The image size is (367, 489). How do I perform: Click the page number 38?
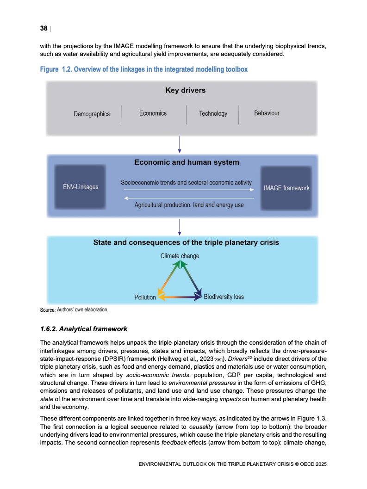(x=44, y=29)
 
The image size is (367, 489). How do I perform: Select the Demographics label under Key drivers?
(x=92, y=114)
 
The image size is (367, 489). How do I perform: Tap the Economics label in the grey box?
(x=153, y=113)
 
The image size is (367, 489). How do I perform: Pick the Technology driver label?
(x=213, y=114)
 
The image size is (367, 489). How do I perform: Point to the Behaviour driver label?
(x=267, y=113)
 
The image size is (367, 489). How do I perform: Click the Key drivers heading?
(x=185, y=91)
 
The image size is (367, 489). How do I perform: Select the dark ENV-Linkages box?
(x=81, y=187)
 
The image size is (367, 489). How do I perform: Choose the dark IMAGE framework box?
(x=286, y=188)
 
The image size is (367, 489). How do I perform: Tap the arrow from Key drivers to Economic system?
(x=180, y=144)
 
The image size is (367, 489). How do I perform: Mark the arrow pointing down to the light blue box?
(x=180, y=227)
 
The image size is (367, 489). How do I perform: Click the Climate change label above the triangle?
(x=180, y=256)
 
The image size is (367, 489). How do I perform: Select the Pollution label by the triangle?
(x=145, y=297)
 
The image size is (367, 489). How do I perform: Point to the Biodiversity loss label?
(x=224, y=297)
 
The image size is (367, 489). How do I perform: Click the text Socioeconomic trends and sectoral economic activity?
(x=186, y=183)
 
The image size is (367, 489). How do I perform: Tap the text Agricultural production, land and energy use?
(x=189, y=204)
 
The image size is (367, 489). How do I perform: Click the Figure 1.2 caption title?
(x=144, y=69)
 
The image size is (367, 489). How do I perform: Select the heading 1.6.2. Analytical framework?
(x=84, y=329)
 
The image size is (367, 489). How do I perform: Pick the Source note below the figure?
(x=74, y=309)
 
